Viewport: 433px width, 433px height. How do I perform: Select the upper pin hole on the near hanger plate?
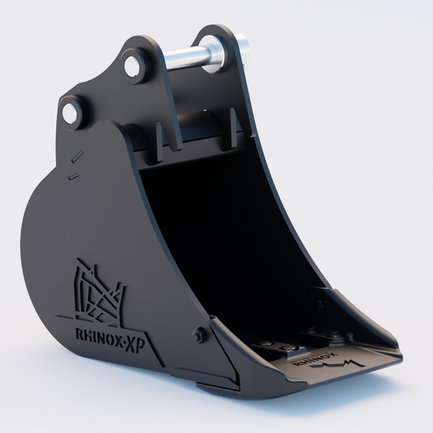point(133,65)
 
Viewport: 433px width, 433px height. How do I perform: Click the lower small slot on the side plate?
point(72,174)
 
